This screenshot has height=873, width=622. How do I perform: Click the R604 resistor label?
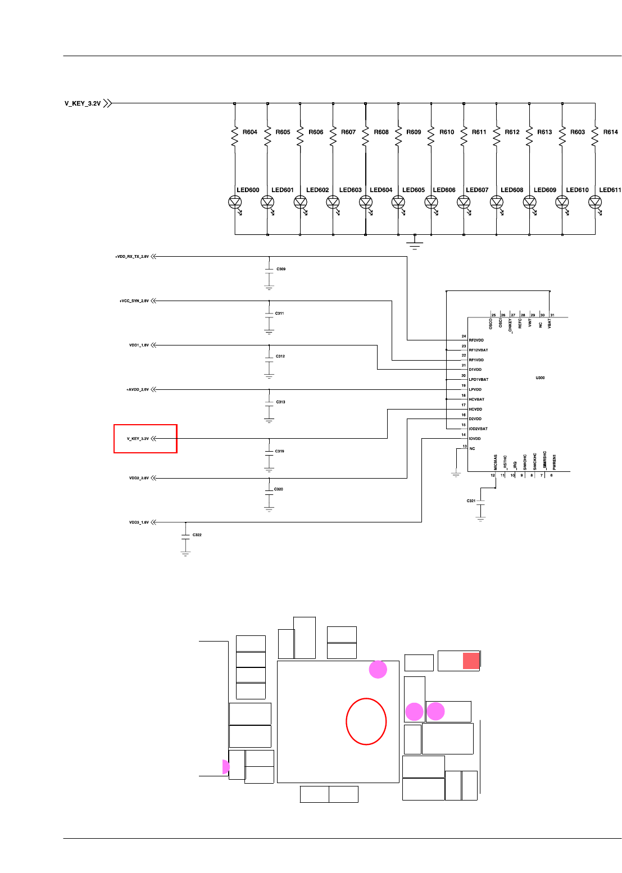pos(249,132)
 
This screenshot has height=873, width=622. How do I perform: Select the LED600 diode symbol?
pos(235,202)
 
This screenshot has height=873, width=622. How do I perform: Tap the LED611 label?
pos(610,190)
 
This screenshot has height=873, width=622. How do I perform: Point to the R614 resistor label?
pos(610,132)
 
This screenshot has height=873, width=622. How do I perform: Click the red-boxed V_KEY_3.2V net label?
pos(138,439)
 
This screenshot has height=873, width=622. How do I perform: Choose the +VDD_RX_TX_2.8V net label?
pos(132,257)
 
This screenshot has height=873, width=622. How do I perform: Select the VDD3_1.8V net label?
pos(139,522)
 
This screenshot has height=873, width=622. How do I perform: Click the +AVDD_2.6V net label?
pos(138,389)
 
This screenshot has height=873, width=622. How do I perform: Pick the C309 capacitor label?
pos(281,269)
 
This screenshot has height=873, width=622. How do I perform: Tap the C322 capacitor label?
pos(197,535)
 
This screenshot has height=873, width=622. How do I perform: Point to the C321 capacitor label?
pos(471,501)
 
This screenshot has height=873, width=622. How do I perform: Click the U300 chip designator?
pos(540,378)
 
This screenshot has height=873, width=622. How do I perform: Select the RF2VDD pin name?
pos(476,340)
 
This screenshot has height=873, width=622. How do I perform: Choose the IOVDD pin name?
pos(475,439)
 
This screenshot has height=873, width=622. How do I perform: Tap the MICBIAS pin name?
pos(496,462)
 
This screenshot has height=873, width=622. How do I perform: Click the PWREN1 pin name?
pos(555,462)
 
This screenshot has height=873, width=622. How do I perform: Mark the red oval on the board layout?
pos(366,721)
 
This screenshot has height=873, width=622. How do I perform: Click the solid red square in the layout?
pos(471,661)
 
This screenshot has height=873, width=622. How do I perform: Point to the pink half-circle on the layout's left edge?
pos(226,767)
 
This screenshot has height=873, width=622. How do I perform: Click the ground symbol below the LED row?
pos(415,243)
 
